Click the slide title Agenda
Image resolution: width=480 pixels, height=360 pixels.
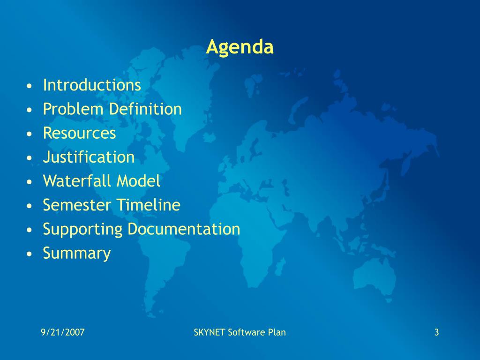coord(240,47)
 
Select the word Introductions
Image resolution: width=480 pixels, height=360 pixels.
coord(92,85)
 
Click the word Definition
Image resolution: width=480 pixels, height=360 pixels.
coord(145,109)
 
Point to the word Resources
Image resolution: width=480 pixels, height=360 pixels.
coord(80,133)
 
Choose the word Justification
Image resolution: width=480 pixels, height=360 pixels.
coord(89,157)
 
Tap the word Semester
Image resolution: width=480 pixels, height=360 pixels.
coord(77,205)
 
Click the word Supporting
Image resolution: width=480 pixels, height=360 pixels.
coord(82,230)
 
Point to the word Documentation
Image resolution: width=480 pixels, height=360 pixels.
coord(184,229)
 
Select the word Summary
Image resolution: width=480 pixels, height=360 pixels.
coord(77,254)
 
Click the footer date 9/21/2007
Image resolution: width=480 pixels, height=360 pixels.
coord(63,332)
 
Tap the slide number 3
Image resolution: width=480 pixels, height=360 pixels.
coord(436,332)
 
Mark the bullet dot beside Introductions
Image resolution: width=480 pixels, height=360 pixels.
coord(29,86)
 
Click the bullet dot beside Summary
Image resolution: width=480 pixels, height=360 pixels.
coord(29,254)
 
